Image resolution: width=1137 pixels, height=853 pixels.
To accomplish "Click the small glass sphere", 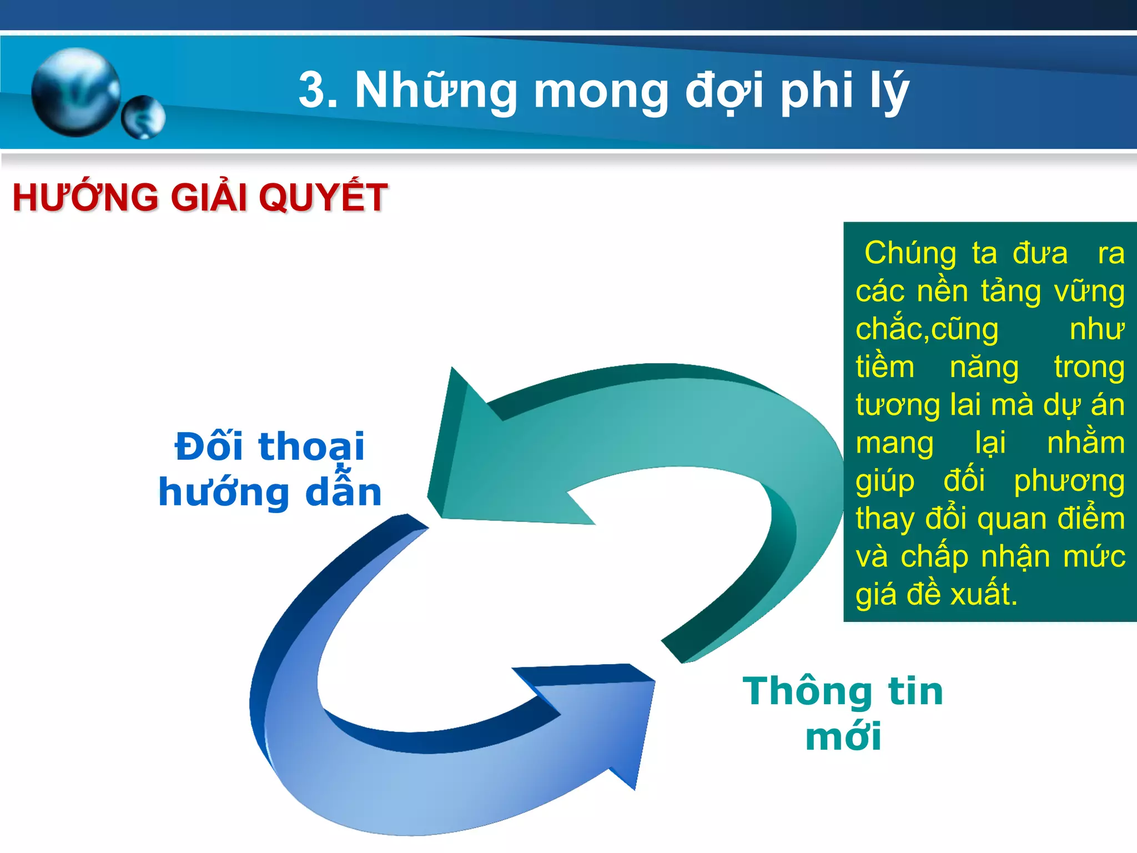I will (143, 117).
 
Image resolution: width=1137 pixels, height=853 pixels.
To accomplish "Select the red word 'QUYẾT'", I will (323, 198).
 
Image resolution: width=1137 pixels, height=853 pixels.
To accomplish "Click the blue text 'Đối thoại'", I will (270, 446).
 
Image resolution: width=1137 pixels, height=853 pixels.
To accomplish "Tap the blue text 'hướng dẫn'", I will (270, 492).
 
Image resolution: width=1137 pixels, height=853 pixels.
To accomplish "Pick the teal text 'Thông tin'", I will (843, 691).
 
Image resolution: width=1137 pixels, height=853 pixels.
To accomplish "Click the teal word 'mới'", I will (843, 737).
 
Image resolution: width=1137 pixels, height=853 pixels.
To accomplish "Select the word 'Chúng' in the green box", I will (910, 253).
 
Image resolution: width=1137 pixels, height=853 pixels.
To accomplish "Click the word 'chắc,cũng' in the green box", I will (927, 329).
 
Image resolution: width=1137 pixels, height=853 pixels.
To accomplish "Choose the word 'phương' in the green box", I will (1069, 481).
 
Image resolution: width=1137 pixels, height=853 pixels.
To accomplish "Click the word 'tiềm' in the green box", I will (884, 367).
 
